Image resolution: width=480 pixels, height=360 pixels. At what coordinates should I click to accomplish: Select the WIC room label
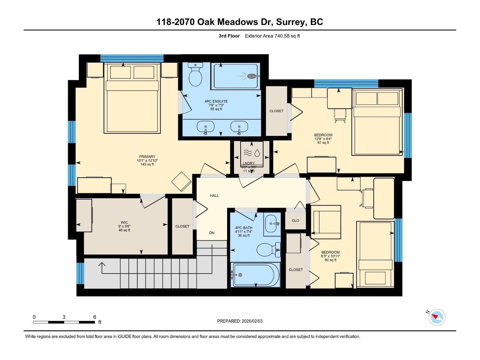(124, 223)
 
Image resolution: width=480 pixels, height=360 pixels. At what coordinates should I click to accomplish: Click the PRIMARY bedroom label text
(147, 157)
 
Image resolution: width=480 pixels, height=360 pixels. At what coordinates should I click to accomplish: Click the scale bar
(64, 322)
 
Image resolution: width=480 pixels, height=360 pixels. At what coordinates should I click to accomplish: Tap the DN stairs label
(212, 233)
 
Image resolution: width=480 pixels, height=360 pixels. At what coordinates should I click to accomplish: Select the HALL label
(214, 196)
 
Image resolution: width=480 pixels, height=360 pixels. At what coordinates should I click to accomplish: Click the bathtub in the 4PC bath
(256, 275)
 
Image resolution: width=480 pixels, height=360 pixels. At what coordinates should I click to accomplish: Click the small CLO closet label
(295, 220)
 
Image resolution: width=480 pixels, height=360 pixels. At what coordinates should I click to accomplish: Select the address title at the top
(240, 22)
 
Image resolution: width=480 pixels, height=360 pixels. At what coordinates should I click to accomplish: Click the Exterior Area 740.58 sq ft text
(272, 36)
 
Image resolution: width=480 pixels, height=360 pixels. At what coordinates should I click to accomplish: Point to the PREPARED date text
(240, 321)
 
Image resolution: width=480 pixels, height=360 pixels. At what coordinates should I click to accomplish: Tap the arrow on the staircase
(102, 265)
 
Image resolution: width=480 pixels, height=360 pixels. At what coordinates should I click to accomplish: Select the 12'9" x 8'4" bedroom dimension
(323, 139)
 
